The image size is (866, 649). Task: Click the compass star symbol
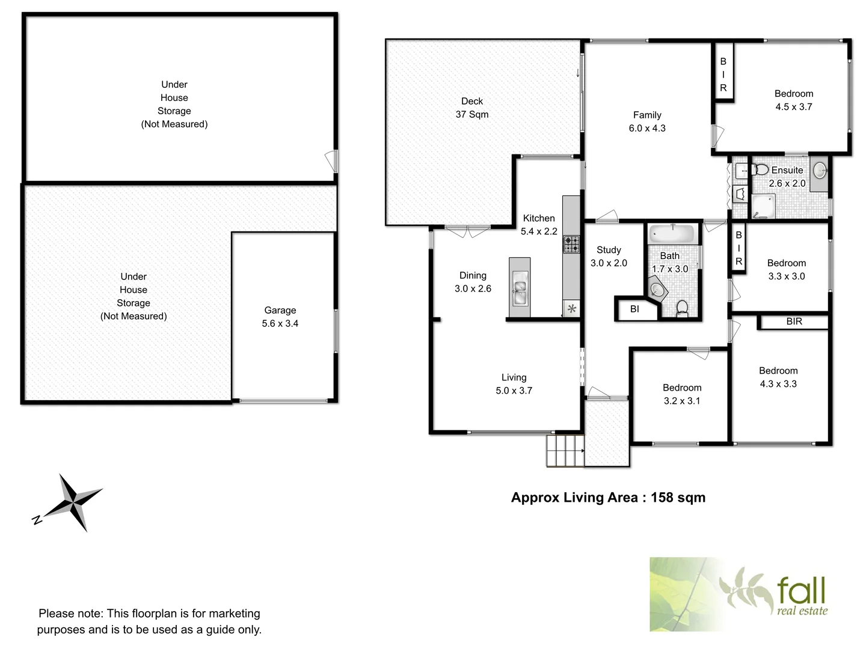coord(74,502)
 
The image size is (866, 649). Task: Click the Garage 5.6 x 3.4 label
coord(280,317)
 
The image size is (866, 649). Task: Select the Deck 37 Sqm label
coord(471,108)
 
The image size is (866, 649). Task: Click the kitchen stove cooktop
coord(571,244)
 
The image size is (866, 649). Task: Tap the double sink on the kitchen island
coord(520,288)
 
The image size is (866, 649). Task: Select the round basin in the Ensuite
coord(819,171)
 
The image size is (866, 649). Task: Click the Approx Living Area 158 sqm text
coord(608,498)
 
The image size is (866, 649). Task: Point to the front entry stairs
coord(565,450)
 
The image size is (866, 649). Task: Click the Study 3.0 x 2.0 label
coord(609,257)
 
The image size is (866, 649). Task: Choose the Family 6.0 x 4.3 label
coord(647,121)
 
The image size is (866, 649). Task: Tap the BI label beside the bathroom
coord(634,309)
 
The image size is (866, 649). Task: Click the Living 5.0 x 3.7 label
coord(514,384)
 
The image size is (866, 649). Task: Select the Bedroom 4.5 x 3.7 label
coord(793,100)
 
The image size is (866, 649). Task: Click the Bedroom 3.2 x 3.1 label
coord(682,394)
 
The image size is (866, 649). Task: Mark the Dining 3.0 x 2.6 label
coord(473,282)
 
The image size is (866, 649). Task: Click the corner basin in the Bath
coord(659,290)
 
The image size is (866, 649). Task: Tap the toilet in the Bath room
coord(682,308)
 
